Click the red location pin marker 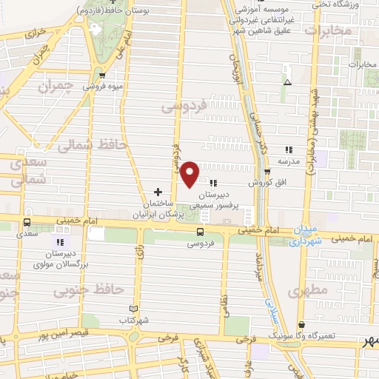click(x=189, y=173)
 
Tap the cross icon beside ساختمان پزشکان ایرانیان click(x=158, y=191)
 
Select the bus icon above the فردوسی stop click(x=201, y=231)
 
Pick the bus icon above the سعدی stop click(x=27, y=222)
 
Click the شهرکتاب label click(x=133, y=321)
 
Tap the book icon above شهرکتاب click(x=133, y=309)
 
